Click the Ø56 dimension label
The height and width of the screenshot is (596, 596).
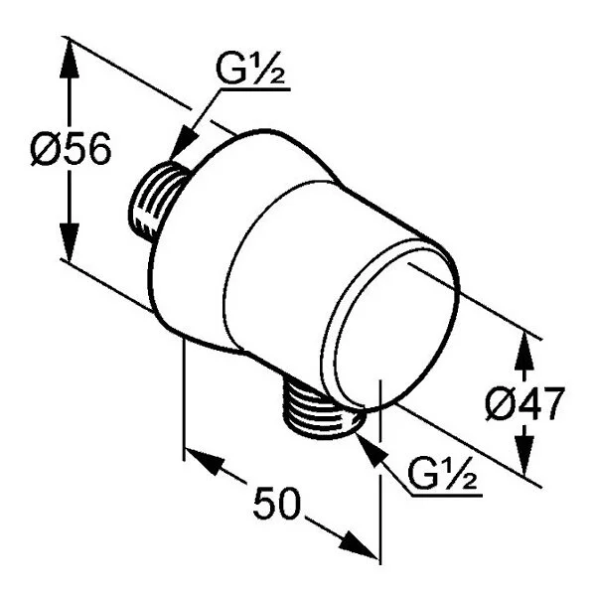71,149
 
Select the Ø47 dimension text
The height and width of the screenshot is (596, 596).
524,403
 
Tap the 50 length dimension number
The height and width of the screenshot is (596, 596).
277,504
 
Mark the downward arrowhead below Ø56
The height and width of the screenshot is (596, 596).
70,243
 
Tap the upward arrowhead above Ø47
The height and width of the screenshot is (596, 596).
524,351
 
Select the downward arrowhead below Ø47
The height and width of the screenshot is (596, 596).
524,457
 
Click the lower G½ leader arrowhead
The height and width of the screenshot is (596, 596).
369,450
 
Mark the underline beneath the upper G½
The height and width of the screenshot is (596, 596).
255,89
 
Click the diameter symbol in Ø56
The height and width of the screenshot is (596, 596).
45,149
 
